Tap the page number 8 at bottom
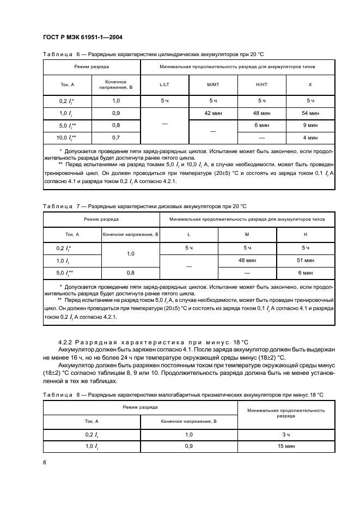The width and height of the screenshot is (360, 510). [44, 462]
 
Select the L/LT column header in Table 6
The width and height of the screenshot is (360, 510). [164, 85]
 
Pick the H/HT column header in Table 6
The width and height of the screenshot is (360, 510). [261, 85]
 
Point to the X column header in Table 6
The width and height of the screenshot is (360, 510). [310, 85]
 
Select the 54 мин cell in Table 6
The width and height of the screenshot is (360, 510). [310, 113]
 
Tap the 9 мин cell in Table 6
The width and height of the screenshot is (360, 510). [310, 125]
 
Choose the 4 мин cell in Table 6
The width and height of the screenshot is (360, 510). [310, 138]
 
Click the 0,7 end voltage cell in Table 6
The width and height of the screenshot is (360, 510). [116, 138]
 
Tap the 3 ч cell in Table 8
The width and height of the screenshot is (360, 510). [285, 434]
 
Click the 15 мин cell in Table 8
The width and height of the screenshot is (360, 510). [285, 447]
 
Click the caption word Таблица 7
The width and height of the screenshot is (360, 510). [61, 207]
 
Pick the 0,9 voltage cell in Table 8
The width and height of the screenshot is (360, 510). [189, 447]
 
